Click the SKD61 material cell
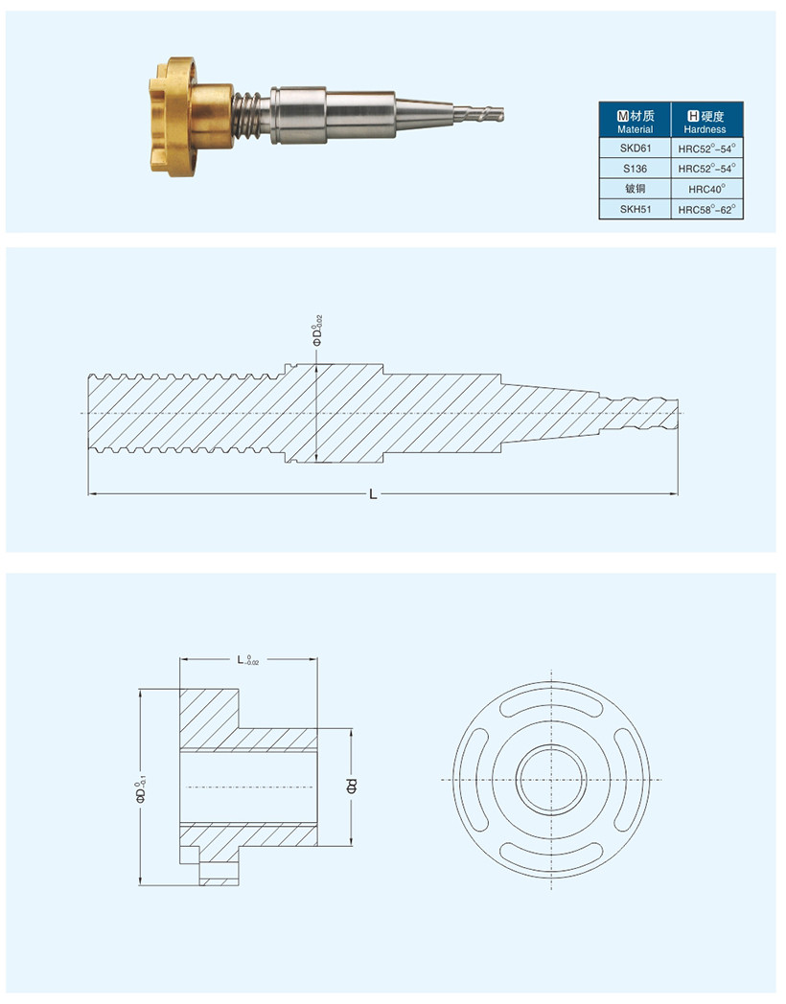(x=635, y=148)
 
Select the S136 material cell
(x=635, y=168)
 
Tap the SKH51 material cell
(x=635, y=208)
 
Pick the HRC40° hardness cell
(x=706, y=189)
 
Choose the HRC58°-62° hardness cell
(x=706, y=209)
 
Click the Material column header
(x=635, y=122)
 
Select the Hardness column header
(x=706, y=122)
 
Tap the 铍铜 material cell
(x=635, y=188)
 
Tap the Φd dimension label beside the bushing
(x=351, y=787)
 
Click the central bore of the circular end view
(x=553, y=778)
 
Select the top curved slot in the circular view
(x=553, y=705)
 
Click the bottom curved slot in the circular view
(x=553, y=852)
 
